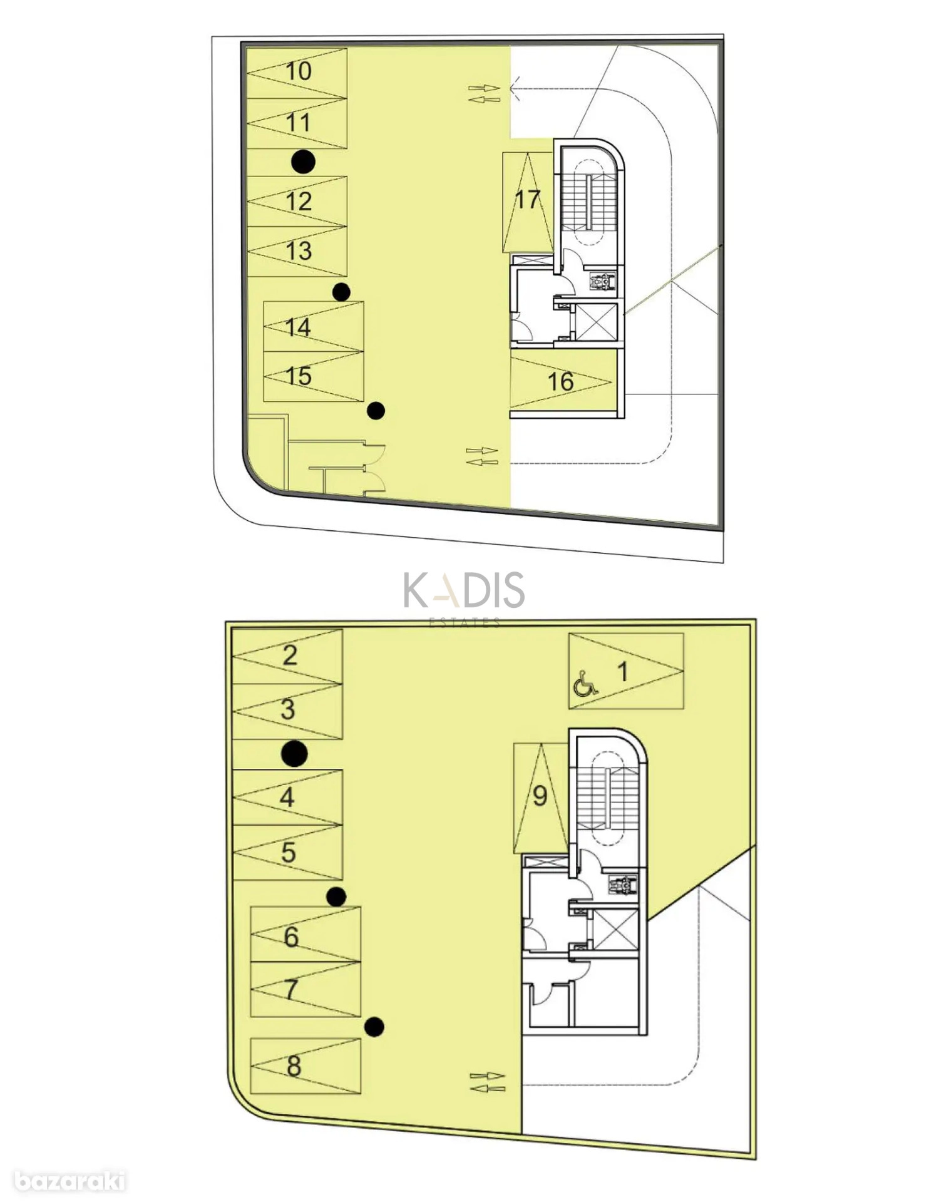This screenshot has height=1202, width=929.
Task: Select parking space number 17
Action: [x=527, y=202]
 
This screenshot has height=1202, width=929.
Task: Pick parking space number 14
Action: [x=314, y=327]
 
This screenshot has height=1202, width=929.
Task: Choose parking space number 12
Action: [x=297, y=201]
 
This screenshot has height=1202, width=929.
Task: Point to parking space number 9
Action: [x=540, y=798]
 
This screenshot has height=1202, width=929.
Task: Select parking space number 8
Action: [x=305, y=1066]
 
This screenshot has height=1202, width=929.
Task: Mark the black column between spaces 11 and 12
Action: [x=304, y=162]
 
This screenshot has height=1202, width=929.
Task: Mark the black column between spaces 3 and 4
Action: [x=294, y=753]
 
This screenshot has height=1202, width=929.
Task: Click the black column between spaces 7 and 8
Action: [x=374, y=1027]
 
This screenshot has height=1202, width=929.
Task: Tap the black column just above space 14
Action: [x=341, y=292]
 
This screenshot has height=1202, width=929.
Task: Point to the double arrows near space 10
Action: [x=485, y=93]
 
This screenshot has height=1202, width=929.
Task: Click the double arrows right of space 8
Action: [x=488, y=1082]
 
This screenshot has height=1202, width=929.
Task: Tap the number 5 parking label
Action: [x=288, y=852]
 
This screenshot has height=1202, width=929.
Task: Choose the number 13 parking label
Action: [x=299, y=251]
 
